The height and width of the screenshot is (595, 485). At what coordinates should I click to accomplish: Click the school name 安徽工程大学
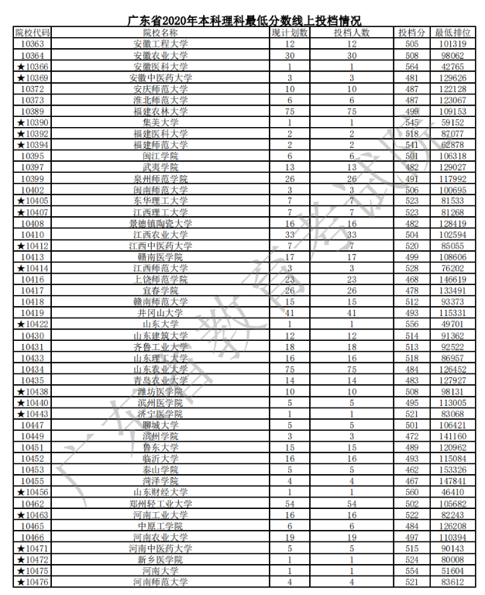pos(160,44)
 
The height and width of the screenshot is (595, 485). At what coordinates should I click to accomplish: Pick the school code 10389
pos(33,112)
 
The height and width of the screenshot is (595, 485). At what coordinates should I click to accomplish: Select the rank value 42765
pos(453,67)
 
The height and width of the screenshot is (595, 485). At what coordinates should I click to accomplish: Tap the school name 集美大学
pos(160,122)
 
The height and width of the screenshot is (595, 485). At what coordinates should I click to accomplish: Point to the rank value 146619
pos(453,279)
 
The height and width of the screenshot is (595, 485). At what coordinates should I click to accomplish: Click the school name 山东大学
pos(160,324)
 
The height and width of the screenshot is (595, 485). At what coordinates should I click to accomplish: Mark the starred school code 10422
pos(33,324)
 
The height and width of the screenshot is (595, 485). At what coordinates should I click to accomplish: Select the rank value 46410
pos(453,492)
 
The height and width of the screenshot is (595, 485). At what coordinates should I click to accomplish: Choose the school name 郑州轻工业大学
pos(160,504)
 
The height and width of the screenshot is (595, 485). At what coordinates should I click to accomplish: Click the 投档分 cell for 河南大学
pos(411,570)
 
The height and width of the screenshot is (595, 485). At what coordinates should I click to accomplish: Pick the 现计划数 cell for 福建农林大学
pos(290,112)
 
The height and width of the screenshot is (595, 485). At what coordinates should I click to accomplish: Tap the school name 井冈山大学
pos(160,312)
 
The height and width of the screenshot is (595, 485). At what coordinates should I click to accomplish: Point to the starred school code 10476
pos(33,582)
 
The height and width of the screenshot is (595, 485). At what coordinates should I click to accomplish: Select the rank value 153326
pos(453,469)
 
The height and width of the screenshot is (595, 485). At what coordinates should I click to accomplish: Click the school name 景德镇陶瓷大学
pos(160,223)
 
